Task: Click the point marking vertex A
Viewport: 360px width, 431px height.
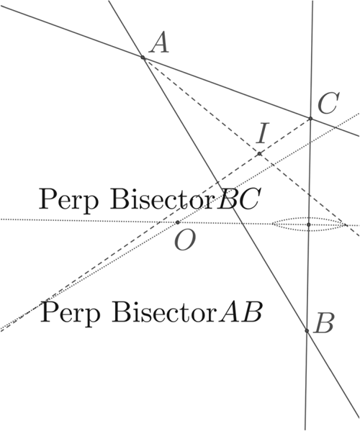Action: [x=143, y=58]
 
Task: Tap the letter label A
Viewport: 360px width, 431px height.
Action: [x=159, y=42]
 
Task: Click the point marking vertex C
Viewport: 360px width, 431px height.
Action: [x=310, y=119]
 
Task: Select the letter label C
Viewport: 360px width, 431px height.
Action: [x=328, y=103]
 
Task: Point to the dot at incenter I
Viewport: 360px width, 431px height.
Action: [x=259, y=154]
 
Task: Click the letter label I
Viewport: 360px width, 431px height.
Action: [x=262, y=133]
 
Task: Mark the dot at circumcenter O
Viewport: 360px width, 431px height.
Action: [x=178, y=222]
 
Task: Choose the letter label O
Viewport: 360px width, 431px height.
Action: [x=185, y=240]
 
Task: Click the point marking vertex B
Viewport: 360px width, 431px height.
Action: [x=307, y=331]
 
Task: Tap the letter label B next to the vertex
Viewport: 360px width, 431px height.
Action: [x=325, y=323]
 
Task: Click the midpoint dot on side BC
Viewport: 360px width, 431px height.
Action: [x=309, y=224]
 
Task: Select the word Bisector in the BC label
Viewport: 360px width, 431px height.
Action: [x=162, y=199]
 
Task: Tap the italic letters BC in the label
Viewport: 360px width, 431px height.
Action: [x=238, y=199]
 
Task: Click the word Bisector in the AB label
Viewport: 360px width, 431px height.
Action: [x=164, y=312]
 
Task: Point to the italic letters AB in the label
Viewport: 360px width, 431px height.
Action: [x=240, y=312]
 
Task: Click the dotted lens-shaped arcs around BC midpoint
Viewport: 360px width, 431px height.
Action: [x=309, y=218]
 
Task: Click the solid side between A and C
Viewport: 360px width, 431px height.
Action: [x=227, y=88]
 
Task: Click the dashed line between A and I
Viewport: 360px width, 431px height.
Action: [x=201, y=106]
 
